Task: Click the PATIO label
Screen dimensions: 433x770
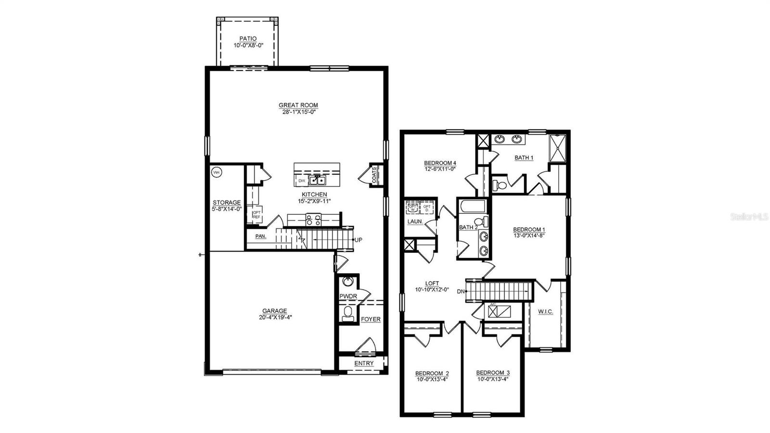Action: click(x=248, y=39)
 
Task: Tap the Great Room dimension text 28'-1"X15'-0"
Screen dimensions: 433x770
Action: click(x=298, y=112)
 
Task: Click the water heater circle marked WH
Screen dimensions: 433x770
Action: click(x=216, y=172)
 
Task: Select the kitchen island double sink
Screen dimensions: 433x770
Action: click(x=317, y=181)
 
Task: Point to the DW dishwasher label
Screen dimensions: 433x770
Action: click(x=302, y=181)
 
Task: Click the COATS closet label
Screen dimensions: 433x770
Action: click(x=374, y=175)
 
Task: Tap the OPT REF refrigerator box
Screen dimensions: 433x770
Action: click(x=257, y=215)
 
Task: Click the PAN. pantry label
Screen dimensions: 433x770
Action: click(x=260, y=236)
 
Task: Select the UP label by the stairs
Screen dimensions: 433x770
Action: click(x=358, y=239)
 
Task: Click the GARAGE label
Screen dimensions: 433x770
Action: click(x=274, y=311)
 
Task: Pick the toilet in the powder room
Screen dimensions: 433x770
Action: click(x=347, y=315)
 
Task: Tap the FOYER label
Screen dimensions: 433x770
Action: click(x=371, y=319)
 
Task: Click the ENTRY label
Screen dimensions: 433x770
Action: click(x=363, y=363)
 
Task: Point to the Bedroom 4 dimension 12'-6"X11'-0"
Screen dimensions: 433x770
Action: click(x=440, y=169)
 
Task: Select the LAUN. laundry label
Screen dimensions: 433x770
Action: click(x=415, y=222)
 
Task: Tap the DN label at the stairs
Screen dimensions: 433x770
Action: click(x=461, y=291)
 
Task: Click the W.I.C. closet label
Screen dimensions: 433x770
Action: click(x=545, y=312)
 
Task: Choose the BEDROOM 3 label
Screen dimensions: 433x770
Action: click(x=493, y=373)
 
